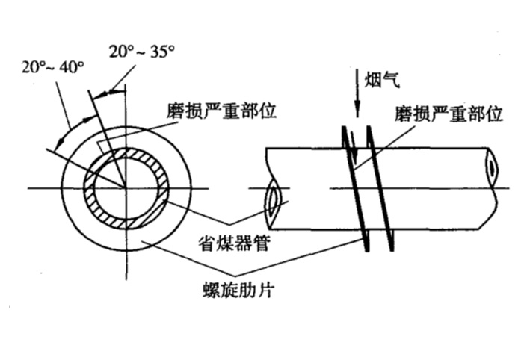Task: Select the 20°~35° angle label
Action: (141, 52)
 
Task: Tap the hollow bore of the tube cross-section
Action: (125, 187)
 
